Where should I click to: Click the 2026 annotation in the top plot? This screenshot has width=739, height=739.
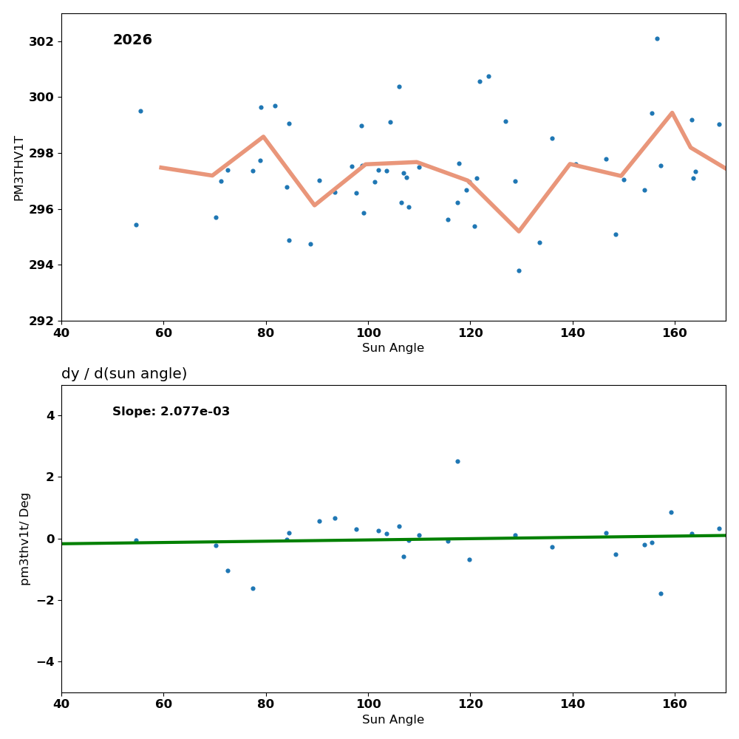(132, 40)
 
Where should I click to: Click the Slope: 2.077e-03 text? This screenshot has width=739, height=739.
(171, 412)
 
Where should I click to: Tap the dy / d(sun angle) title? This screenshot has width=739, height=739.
(124, 374)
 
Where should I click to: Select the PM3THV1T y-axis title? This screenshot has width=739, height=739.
(19, 168)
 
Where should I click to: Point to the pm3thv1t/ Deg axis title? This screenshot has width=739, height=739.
(25, 539)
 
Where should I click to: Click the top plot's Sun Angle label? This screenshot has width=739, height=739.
(393, 348)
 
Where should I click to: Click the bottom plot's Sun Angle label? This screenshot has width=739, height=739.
(393, 720)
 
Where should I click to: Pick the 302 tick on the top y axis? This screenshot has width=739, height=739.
(41, 41)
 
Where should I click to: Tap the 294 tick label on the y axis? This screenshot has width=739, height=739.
(41, 265)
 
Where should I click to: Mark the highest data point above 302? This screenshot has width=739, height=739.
(657, 38)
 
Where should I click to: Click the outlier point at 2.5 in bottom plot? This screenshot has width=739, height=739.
(457, 461)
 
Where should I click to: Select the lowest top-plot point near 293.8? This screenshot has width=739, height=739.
(519, 270)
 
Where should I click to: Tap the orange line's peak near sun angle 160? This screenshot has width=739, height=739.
(672, 112)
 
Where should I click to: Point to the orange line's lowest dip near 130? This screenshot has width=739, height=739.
(519, 231)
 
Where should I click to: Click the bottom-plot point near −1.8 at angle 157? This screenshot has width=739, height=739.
(661, 593)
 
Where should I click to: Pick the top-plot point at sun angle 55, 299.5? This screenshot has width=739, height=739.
(140, 111)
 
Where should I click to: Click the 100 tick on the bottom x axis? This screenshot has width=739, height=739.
(368, 703)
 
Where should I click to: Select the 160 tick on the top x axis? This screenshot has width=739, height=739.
(675, 332)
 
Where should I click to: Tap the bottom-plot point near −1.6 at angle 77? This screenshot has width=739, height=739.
(253, 588)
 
